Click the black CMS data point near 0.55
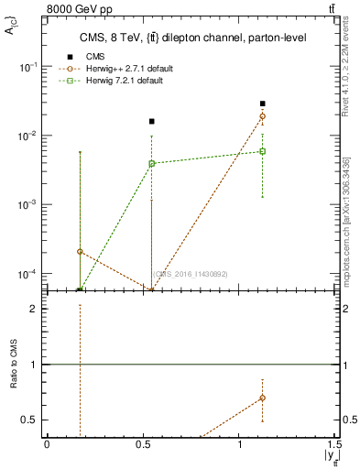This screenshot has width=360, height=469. [152, 121]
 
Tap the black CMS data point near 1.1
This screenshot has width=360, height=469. [263, 104]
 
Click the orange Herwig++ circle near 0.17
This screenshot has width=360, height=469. [81, 251]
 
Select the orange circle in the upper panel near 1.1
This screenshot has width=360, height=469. [263, 116]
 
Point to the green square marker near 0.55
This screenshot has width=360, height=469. [152, 164]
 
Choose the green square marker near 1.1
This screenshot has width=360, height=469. [263, 151]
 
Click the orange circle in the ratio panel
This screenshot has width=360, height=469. [263, 398]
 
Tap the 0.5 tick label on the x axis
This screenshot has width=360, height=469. [143, 444]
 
